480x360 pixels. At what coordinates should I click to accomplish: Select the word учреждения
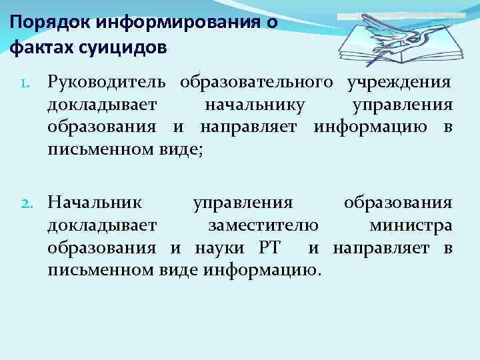399,83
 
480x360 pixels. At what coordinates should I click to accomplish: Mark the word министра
410,225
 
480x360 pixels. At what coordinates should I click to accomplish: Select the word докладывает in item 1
101,105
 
